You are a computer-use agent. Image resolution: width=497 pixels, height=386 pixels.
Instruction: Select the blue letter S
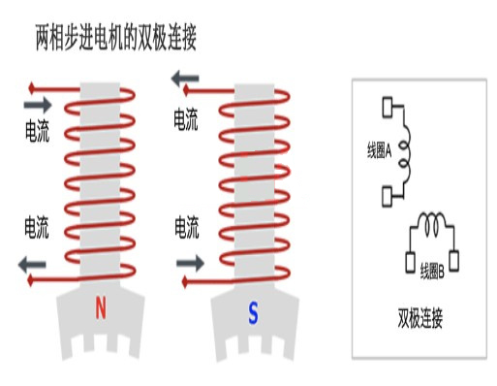tap(253, 312)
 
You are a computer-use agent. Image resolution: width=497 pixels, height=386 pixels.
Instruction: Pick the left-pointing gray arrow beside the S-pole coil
tap(187, 80)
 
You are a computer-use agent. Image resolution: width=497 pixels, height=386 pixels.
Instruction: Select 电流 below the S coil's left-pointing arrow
tap(187, 120)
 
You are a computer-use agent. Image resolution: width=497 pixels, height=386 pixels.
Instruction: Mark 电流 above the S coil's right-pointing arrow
tap(187, 230)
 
